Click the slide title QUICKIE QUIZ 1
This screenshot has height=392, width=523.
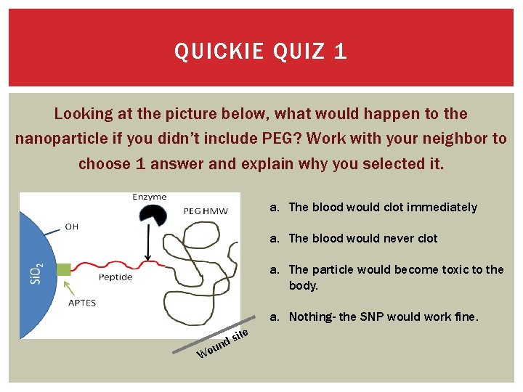[x=261, y=52]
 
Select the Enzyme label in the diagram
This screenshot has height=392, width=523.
[x=150, y=197]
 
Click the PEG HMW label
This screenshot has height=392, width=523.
[x=206, y=211]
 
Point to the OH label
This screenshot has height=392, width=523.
[x=72, y=226]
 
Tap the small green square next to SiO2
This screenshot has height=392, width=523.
[x=64, y=269]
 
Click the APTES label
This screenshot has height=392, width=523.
[x=81, y=303]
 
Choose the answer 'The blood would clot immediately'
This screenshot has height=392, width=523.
[x=383, y=207]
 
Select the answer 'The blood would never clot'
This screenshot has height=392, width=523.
[x=373, y=238]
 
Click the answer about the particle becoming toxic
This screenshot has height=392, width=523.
[x=396, y=277]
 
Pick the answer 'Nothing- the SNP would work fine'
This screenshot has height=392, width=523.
[x=384, y=317]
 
